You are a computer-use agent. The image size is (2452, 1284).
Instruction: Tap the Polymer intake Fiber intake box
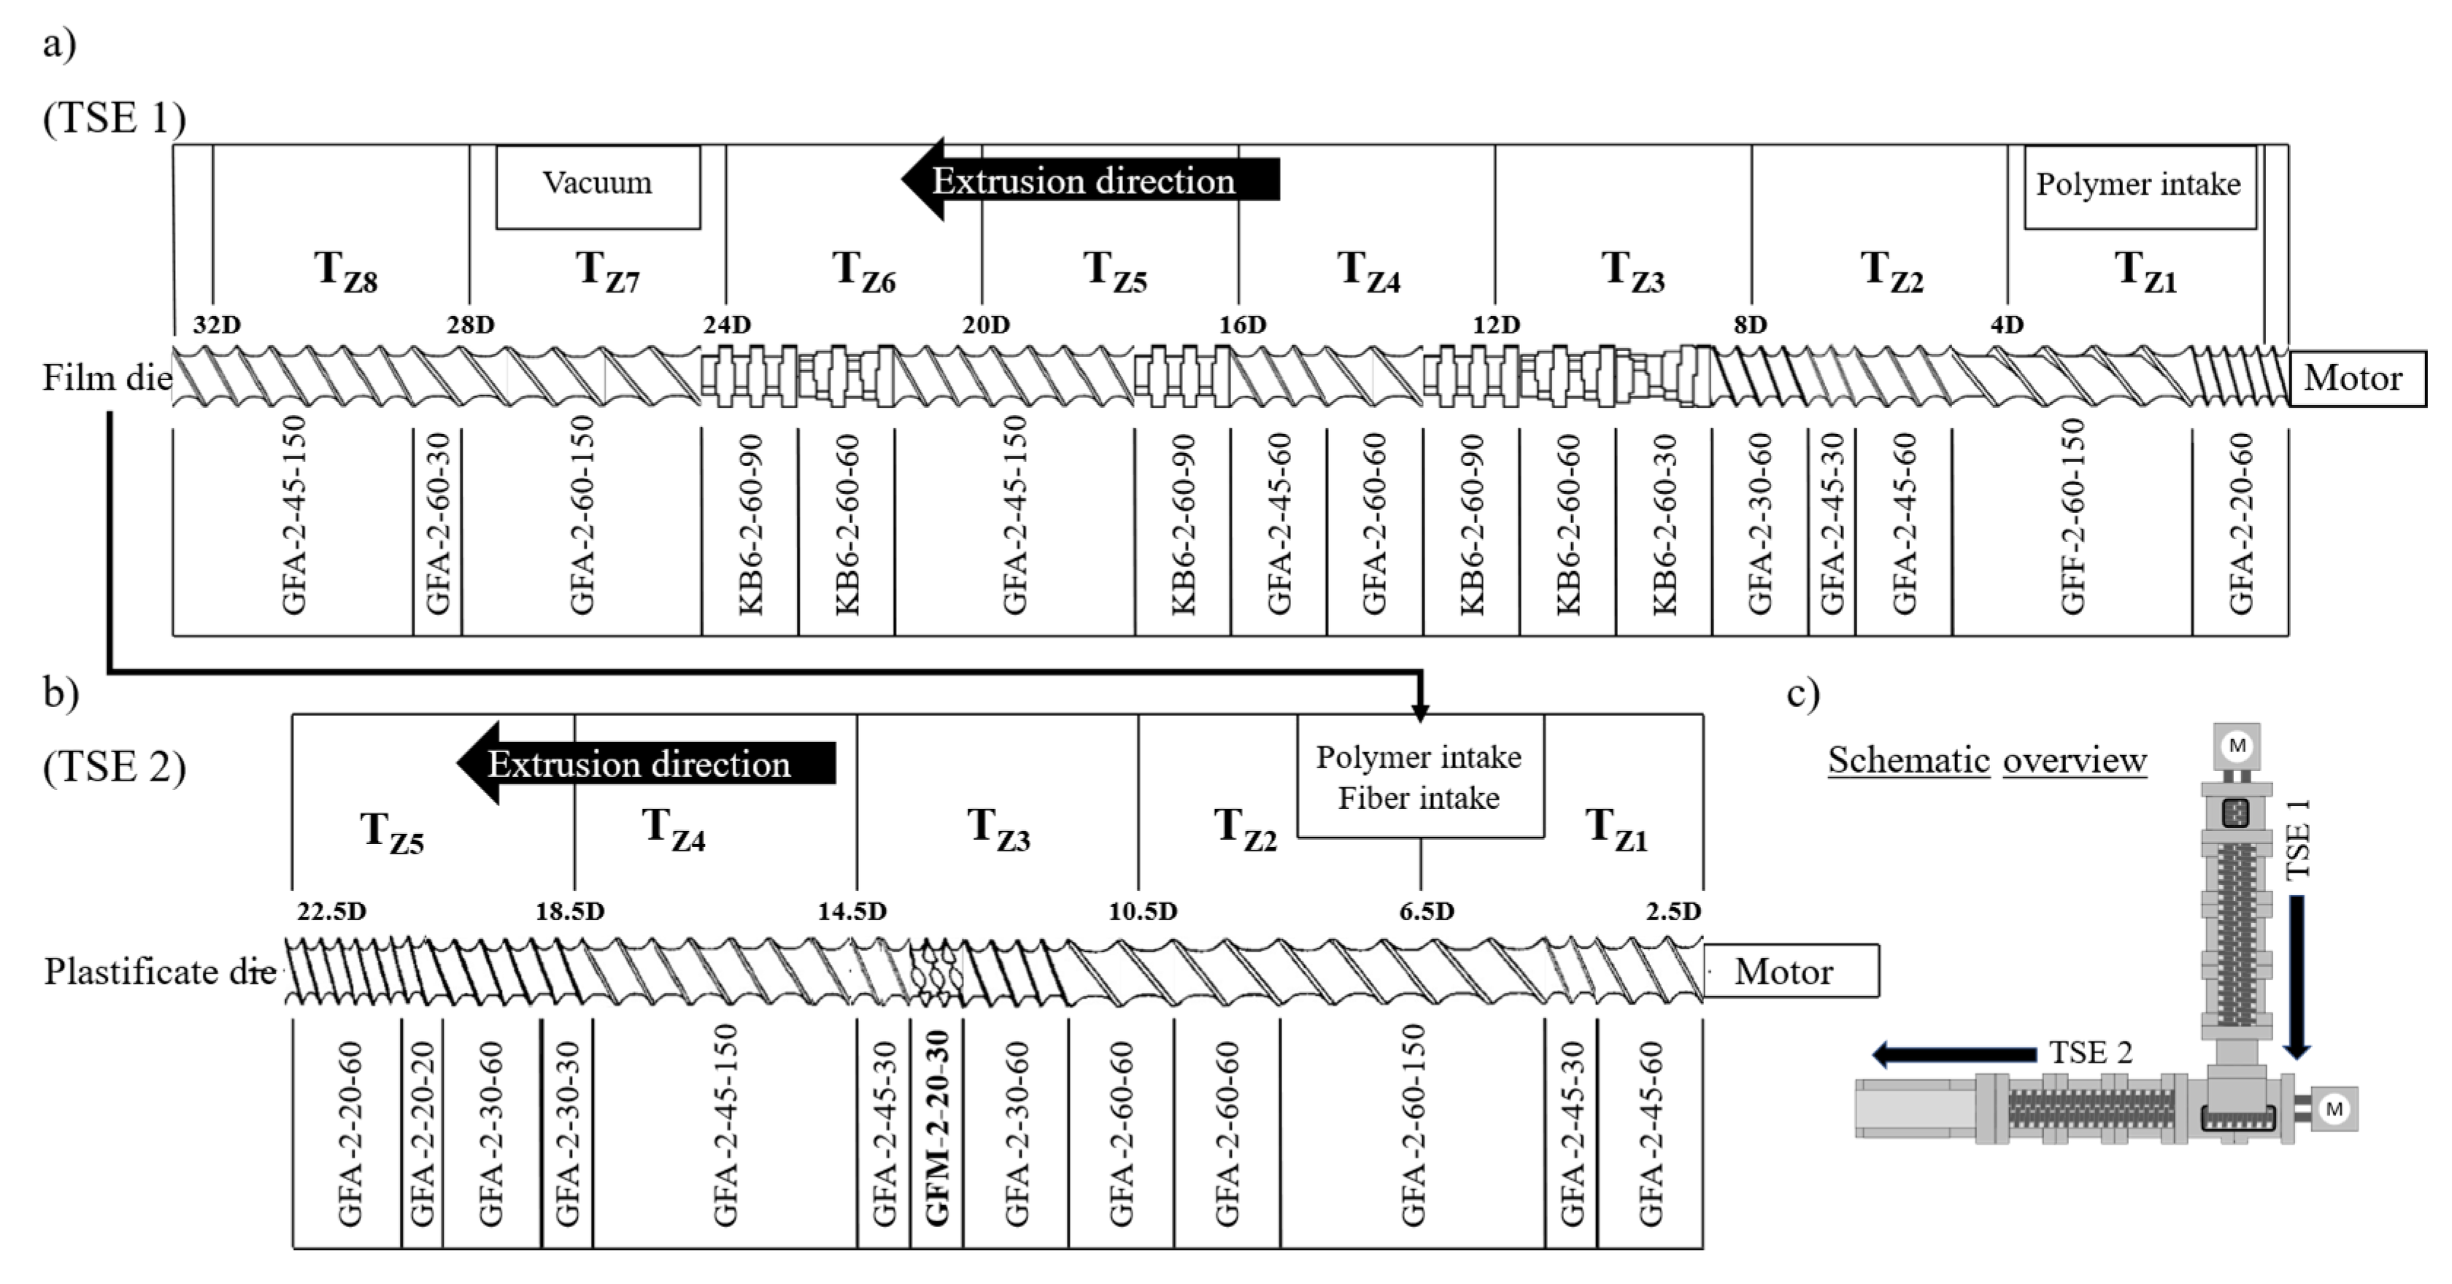click(1419, 777)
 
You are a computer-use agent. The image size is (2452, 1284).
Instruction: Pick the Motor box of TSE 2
click(1789, 972)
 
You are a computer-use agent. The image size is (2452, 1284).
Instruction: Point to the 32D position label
click(217, 325)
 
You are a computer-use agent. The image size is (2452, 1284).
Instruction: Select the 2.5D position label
click(1673, 912)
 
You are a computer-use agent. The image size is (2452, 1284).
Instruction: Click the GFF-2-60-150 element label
click(2073, 519)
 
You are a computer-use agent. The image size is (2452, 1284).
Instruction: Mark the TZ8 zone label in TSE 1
click(345, 271)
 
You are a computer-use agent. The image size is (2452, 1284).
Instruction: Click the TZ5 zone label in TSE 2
click(391, 832)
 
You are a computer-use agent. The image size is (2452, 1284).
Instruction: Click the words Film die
click(107, 379)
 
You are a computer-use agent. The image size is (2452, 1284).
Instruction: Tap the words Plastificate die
click(160, 972)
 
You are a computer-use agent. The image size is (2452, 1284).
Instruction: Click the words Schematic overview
click(1986, 760)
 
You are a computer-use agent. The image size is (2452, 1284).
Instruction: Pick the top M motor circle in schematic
click(2237, 746)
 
